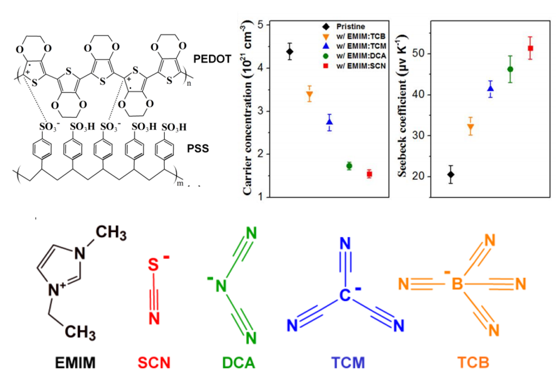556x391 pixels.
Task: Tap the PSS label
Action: [x=202, y=149]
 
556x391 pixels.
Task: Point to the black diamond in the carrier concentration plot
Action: [x=290, y=52]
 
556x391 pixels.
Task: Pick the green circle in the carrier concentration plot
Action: [x=349, y=166]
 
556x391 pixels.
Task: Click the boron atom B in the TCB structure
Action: [x=457, y=285]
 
